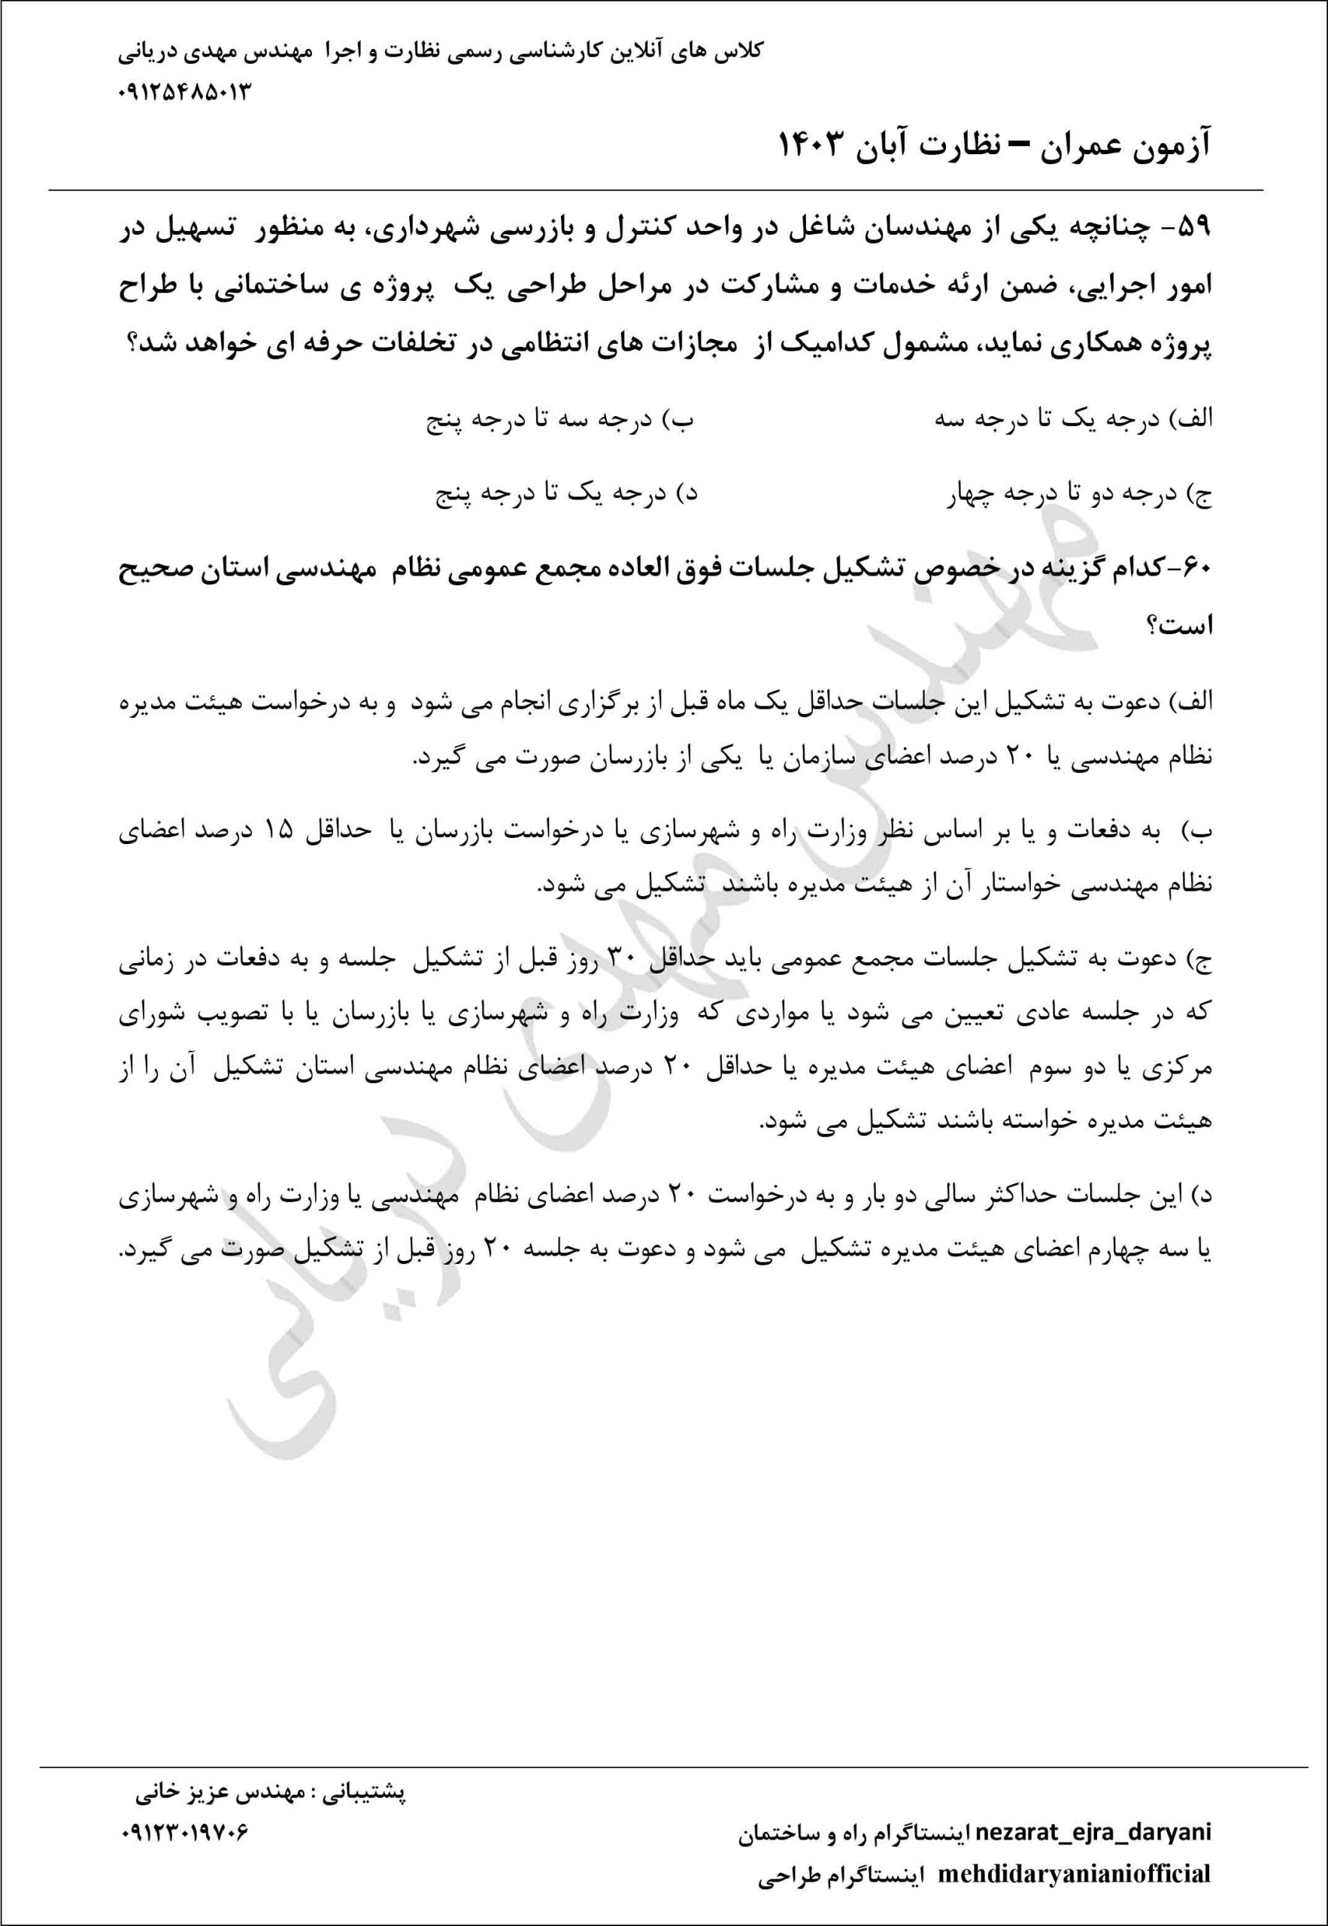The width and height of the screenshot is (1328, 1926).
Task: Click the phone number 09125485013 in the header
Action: tap(185, 93)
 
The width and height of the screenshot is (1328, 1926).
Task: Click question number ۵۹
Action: tap(1194, 227)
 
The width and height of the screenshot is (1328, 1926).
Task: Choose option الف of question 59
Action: tap(1073, 420)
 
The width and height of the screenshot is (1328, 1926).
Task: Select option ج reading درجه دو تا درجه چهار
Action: tap(1078, 495)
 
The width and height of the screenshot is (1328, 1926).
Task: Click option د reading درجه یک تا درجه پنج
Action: tap(565, 495)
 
